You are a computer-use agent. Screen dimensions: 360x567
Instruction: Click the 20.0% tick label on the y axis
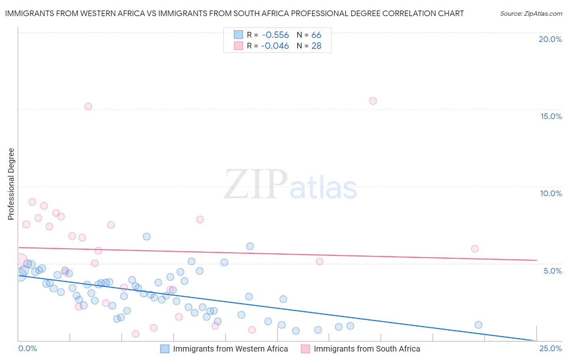point(550,39)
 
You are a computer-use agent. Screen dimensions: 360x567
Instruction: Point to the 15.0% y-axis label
point(551,116)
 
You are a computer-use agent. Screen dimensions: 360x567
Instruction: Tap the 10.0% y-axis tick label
point(551,193)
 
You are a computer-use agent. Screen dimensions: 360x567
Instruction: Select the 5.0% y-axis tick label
point(552,271)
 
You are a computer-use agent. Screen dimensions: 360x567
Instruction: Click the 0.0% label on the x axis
point(27,348)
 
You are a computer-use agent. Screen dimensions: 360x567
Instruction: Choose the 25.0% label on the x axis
point(550,348)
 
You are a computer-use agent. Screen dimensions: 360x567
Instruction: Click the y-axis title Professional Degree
point(11,184)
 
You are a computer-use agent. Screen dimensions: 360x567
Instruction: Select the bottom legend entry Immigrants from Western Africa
point(230,349)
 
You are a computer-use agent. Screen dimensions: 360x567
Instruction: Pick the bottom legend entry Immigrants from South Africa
point(367,349)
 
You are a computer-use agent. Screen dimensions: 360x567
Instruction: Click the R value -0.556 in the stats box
point(275,35)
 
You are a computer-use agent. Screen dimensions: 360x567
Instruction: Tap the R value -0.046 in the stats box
point(275,46)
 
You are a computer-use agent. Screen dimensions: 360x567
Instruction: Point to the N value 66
point(316,35)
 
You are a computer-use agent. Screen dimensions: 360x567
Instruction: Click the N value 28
point(316,46)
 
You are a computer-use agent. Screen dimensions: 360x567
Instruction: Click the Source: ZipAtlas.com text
point(531,14)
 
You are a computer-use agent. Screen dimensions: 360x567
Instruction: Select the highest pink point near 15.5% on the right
point(373,101)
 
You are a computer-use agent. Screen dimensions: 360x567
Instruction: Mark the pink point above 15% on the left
point(88,107)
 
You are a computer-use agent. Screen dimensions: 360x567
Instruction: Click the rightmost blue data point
point(478,325)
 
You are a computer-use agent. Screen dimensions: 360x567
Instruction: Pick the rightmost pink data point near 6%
point(475,249)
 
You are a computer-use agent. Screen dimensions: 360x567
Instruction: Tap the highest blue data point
point(147,237)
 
